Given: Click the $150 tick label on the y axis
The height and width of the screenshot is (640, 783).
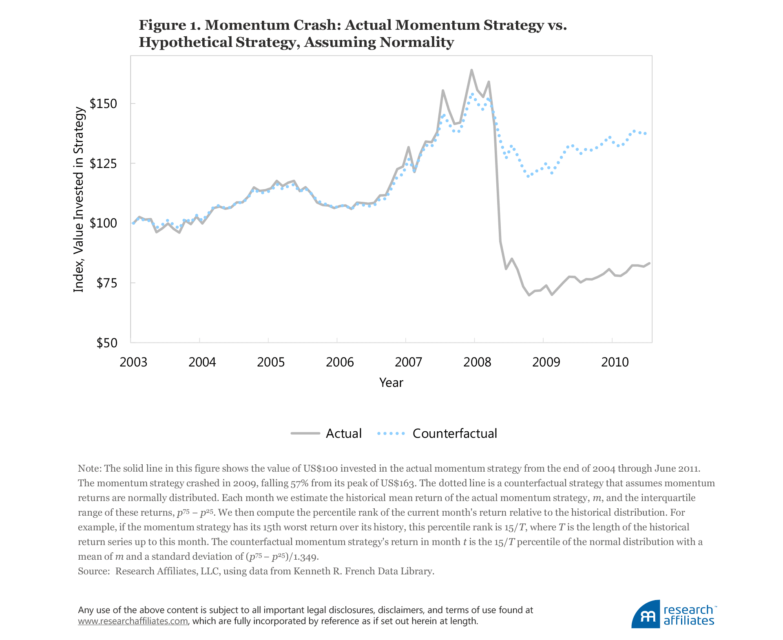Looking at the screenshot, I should click(103, 104).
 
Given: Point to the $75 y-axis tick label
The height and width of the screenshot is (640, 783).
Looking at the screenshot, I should click(106, 283).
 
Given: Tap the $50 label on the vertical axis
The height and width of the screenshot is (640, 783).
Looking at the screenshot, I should click(106, 343).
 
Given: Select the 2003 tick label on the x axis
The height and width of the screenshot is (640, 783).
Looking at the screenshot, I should click(133, 362).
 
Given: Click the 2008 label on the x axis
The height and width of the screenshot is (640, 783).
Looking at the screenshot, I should click(477, 362).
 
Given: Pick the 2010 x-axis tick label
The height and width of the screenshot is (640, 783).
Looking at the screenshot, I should click(615, 362).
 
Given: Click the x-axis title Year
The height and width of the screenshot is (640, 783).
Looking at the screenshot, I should click(391, 382).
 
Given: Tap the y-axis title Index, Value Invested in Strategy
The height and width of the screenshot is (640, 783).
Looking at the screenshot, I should click(79, 200).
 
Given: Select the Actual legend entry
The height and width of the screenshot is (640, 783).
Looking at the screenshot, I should click(343, 433).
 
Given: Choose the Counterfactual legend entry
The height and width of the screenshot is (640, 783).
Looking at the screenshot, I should click(454, 433).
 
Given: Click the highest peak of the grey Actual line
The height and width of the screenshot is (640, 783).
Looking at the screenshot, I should click(471, 70).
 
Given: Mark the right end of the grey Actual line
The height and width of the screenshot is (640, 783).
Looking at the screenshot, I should click(649, 263).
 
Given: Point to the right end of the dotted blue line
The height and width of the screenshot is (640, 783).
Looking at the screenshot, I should click(645, 133).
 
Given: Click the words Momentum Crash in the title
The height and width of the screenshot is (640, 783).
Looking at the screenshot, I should click(272, 25).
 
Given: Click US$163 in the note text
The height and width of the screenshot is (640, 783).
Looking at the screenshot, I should click(398, 483).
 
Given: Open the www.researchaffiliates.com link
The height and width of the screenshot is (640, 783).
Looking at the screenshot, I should click(133, 621).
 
